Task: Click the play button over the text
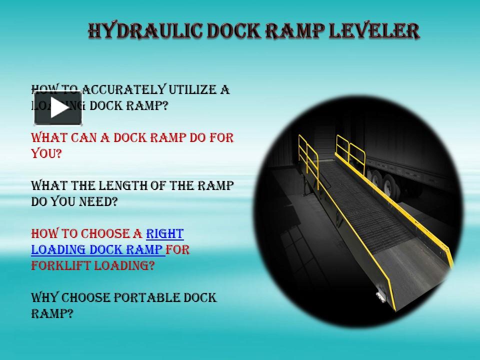point(58,108)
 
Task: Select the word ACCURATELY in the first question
point(123,90)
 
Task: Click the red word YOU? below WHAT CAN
point(46,153)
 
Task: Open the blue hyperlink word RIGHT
point(164,233)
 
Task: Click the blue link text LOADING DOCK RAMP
point(97,249)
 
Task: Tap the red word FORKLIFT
point(59,265)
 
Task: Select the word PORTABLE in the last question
point(145,298)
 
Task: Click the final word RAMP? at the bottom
point(52,314)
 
